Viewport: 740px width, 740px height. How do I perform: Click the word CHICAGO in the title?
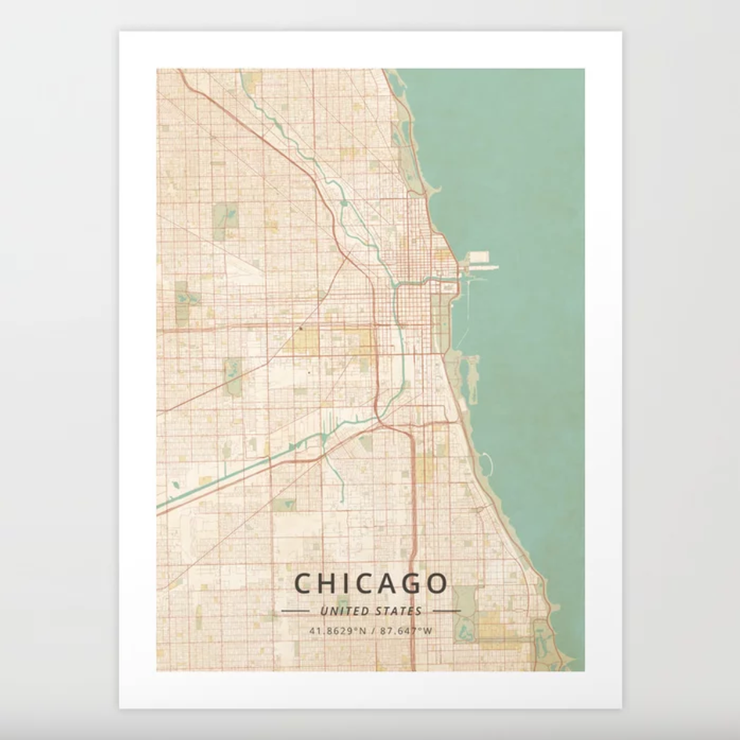[x=371, y=584]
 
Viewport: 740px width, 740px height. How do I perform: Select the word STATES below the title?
[x=399, y=611]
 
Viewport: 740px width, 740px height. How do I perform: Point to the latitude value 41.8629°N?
[x=337, y=631]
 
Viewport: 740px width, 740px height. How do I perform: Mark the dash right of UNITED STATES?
[x=446, y=611]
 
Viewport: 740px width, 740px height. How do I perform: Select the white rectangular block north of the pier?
[x=480, y=256]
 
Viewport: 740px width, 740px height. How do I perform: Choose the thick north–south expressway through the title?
[x=412, y=547]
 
